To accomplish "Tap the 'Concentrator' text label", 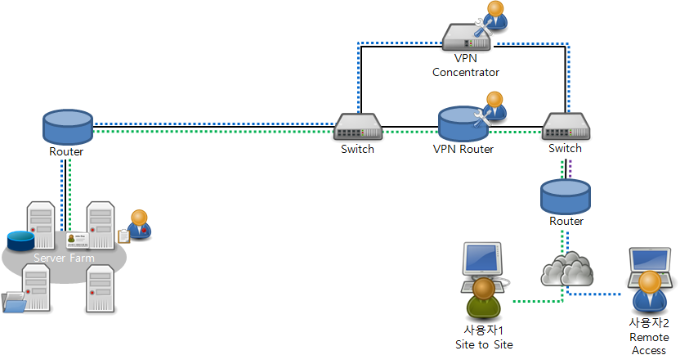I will click(465, 72).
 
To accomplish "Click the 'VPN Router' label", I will click(463, 150).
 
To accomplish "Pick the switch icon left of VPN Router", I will click(358, 126).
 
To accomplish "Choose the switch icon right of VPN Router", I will click(566, 127).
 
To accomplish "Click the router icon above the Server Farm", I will click(66, 127).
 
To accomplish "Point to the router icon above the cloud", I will click(565, 196).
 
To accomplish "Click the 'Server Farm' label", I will click(63, 258).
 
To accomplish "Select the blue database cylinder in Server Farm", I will click(20, 240).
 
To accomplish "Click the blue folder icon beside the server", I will click(14, 303).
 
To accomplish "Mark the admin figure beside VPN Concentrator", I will click(495, 16).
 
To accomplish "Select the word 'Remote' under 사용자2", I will click(649, 337).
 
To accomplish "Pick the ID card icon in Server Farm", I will click(78, 240).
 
